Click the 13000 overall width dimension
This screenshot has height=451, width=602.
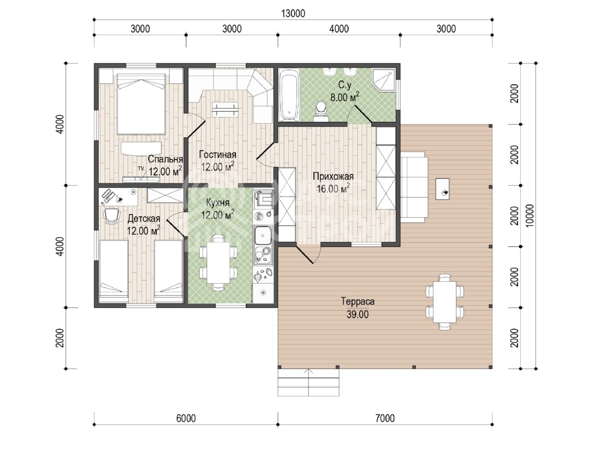[293, 14]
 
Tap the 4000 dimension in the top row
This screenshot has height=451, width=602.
[339, 29]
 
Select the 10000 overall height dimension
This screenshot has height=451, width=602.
[530, 216]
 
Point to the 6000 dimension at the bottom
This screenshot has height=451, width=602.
[186, 419]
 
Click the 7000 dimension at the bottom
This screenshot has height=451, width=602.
[385, 419]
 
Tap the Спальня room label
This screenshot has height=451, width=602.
[166, 159]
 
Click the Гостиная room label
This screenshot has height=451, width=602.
[217, 155]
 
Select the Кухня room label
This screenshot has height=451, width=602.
[217, 202]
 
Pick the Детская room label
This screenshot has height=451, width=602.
[144, 218]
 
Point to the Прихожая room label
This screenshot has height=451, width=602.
[333, 176]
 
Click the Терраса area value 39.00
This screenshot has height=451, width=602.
[357, 315]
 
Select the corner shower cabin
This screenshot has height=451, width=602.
[384, 80]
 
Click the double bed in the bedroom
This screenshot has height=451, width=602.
[141, 104]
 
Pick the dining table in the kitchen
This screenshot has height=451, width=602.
[218, 262]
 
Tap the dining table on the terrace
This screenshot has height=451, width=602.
[444, 302]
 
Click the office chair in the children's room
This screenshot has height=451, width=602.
[111, 216]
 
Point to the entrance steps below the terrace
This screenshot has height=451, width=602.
[308, 382]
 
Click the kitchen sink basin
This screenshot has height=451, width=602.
[263, 235]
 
